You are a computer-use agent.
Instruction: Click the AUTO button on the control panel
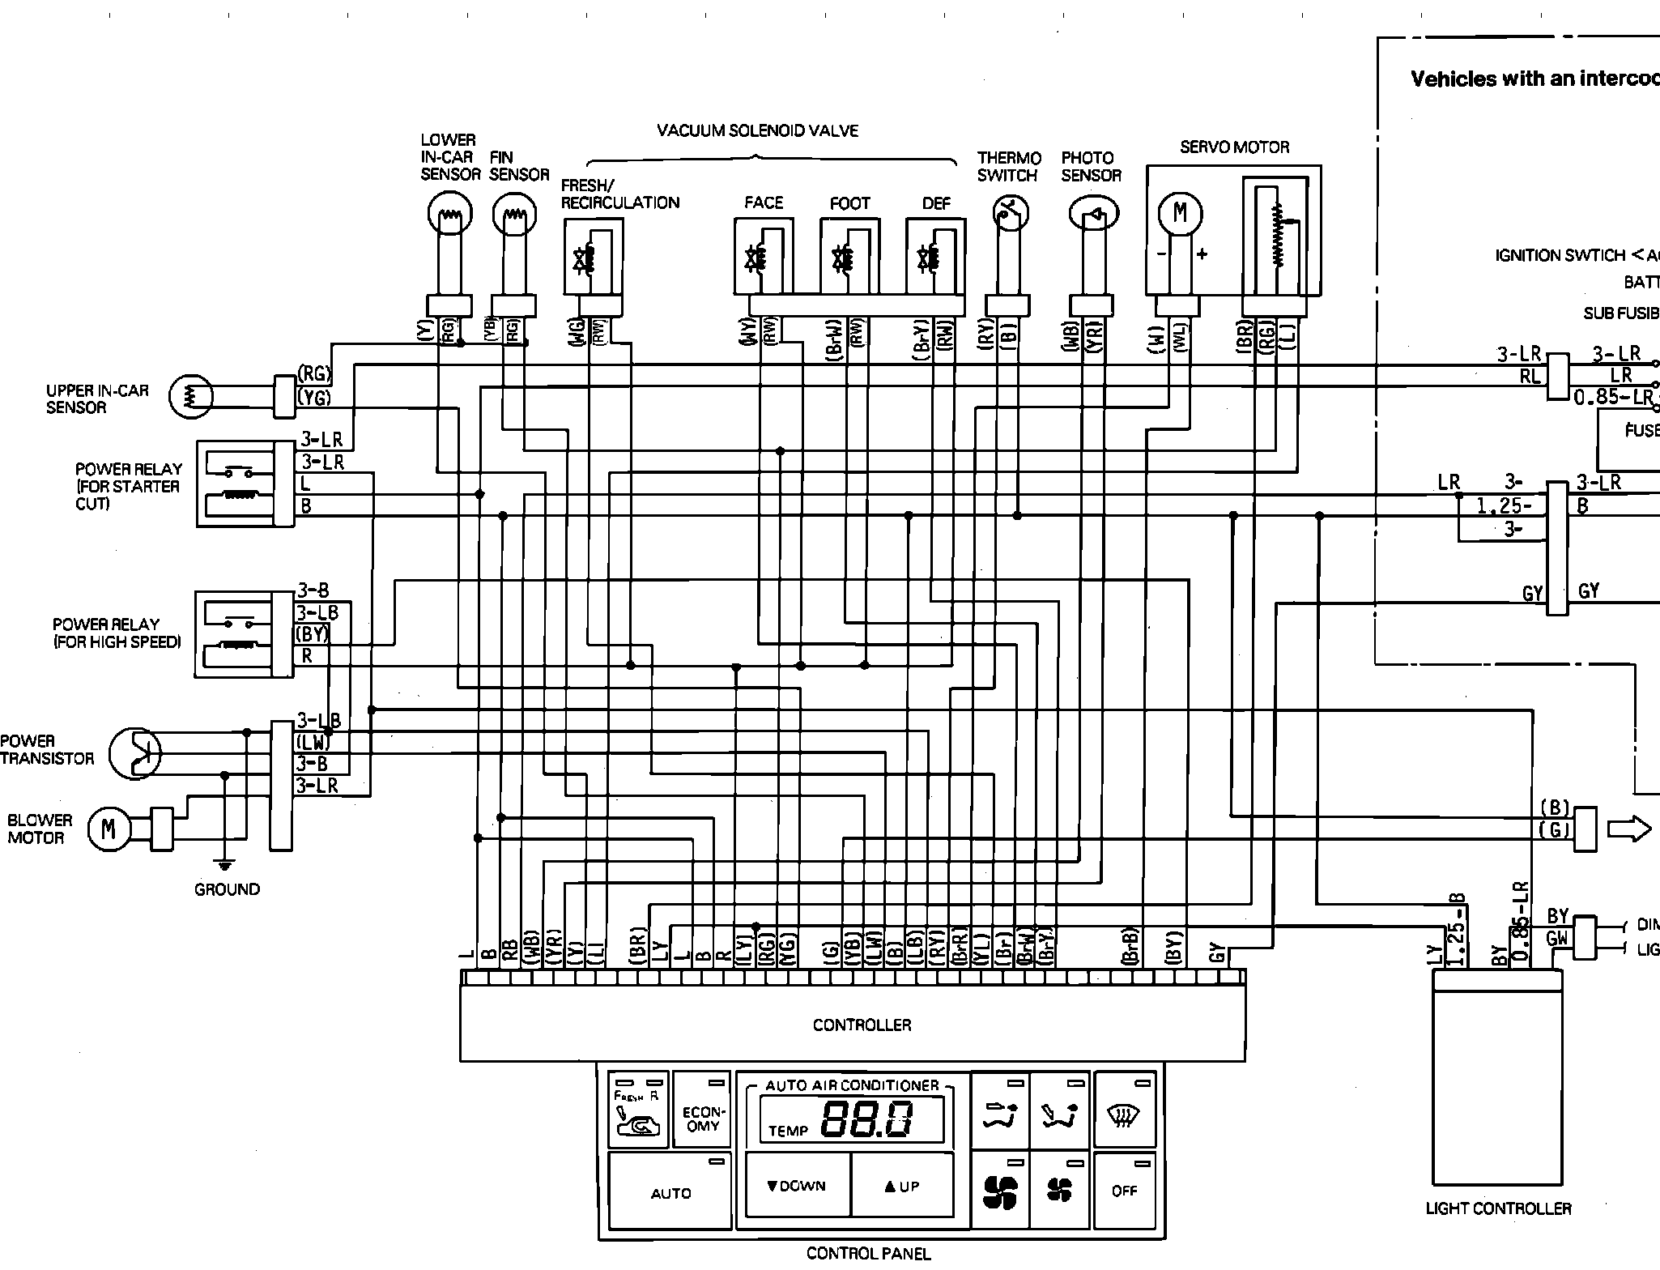pos(670,1192)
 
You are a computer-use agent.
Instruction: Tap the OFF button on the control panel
pos(1124,1191)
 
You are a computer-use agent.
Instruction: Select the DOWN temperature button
pos(798,1186)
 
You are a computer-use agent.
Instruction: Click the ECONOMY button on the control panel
pos(701,1118)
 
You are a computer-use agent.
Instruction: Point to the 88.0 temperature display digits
pos(867,1120)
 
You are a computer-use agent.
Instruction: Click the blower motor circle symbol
pos(108,829)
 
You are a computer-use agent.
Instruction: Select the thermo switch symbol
pos(1010,214)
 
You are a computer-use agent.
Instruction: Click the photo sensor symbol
pos(1093,214)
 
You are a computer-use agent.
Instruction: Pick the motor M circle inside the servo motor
pos(1179,214)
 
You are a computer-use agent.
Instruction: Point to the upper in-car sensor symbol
pos(190,397)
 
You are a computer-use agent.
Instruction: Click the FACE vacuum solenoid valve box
pos(763,256)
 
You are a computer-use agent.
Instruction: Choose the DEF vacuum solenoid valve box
pos(935,256)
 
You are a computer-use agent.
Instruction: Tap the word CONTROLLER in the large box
pos(862,1025)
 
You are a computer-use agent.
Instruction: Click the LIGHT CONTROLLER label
pos(1498,1208)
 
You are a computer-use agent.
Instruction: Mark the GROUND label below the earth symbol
pos(227,889)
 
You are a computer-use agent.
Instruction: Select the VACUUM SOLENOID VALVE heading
pos(757,130)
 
